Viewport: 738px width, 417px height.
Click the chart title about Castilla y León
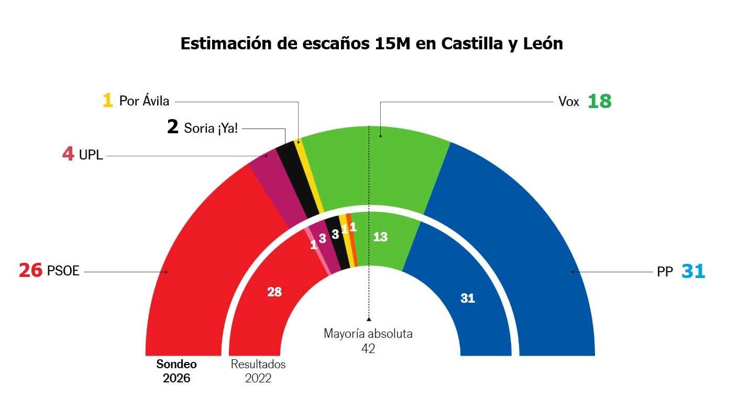tap(371, 44)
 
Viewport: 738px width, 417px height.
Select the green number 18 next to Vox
tap(599, 101)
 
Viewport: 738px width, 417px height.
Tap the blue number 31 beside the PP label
tap(693, 272)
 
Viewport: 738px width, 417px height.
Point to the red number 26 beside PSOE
tap(30, 271)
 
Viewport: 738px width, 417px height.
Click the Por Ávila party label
tap(144, 100)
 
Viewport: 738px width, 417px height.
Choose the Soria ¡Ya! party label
tap(211, 127)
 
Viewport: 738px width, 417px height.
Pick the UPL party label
tap(91, 155)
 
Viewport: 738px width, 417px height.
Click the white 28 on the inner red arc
tap(274, 292)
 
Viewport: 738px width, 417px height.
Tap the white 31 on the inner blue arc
tap(467, 298)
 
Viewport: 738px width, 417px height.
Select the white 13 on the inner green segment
tap(380, 237)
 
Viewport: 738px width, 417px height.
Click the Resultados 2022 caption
tap(258, 371)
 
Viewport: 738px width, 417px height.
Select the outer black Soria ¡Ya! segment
tap(301, 178)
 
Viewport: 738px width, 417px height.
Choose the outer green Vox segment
tap(377, 168)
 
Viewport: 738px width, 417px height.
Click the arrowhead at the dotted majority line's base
tap(369, 318)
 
